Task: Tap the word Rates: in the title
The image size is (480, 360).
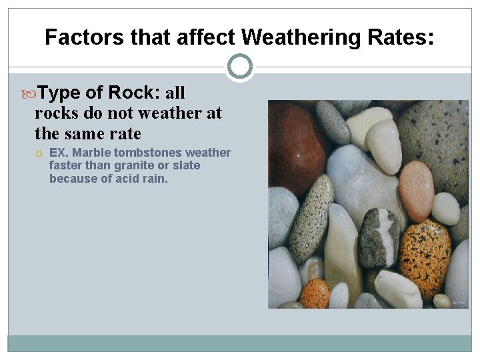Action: coord(401,37)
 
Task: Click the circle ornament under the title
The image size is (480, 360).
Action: coord(240,67)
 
